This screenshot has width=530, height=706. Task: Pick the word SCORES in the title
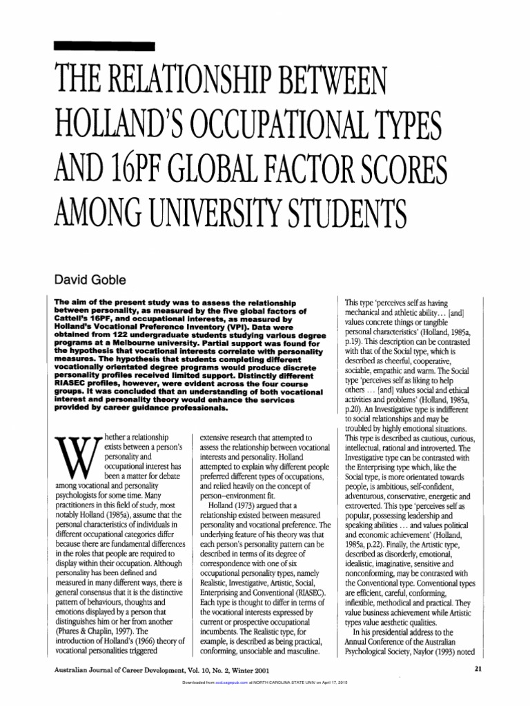click(399, 169)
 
